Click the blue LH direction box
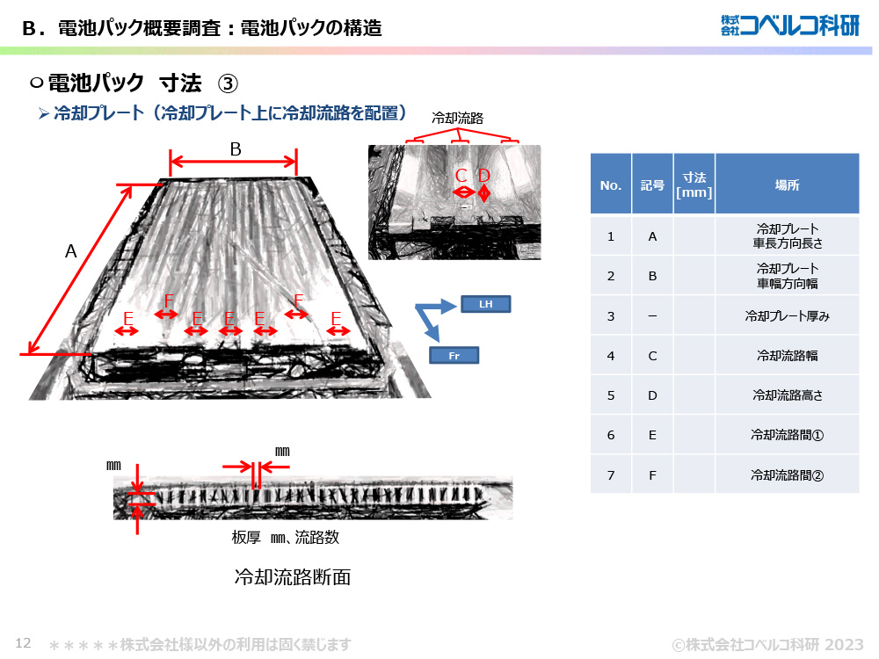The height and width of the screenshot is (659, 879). coord(485,305)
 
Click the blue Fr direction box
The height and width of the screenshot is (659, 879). coord(454,355)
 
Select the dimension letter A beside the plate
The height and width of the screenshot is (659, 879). coord(71,251)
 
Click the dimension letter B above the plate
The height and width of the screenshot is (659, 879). coord(235,149)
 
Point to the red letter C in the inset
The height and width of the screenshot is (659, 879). coord(461,176)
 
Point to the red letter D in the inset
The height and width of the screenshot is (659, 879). coord(483,176)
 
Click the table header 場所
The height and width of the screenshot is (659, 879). coord(787,185)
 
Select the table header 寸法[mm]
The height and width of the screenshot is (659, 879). coord(694,185)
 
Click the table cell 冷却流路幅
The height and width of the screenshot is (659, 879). coord(787,356)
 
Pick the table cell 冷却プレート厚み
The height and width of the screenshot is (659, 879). coord(787,315)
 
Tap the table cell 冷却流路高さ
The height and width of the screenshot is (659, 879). coord(787,395)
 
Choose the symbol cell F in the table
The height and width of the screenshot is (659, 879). coord(652,475)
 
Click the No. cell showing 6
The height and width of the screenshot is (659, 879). coord(610,435)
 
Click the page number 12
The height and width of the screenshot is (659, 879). coord(24,643)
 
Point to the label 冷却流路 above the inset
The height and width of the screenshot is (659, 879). coord(458,117)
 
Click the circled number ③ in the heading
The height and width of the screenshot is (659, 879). coord(227,83)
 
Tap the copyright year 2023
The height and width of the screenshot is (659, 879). coord(844,644)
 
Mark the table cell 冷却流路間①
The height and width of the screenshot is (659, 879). coord(787,435)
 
